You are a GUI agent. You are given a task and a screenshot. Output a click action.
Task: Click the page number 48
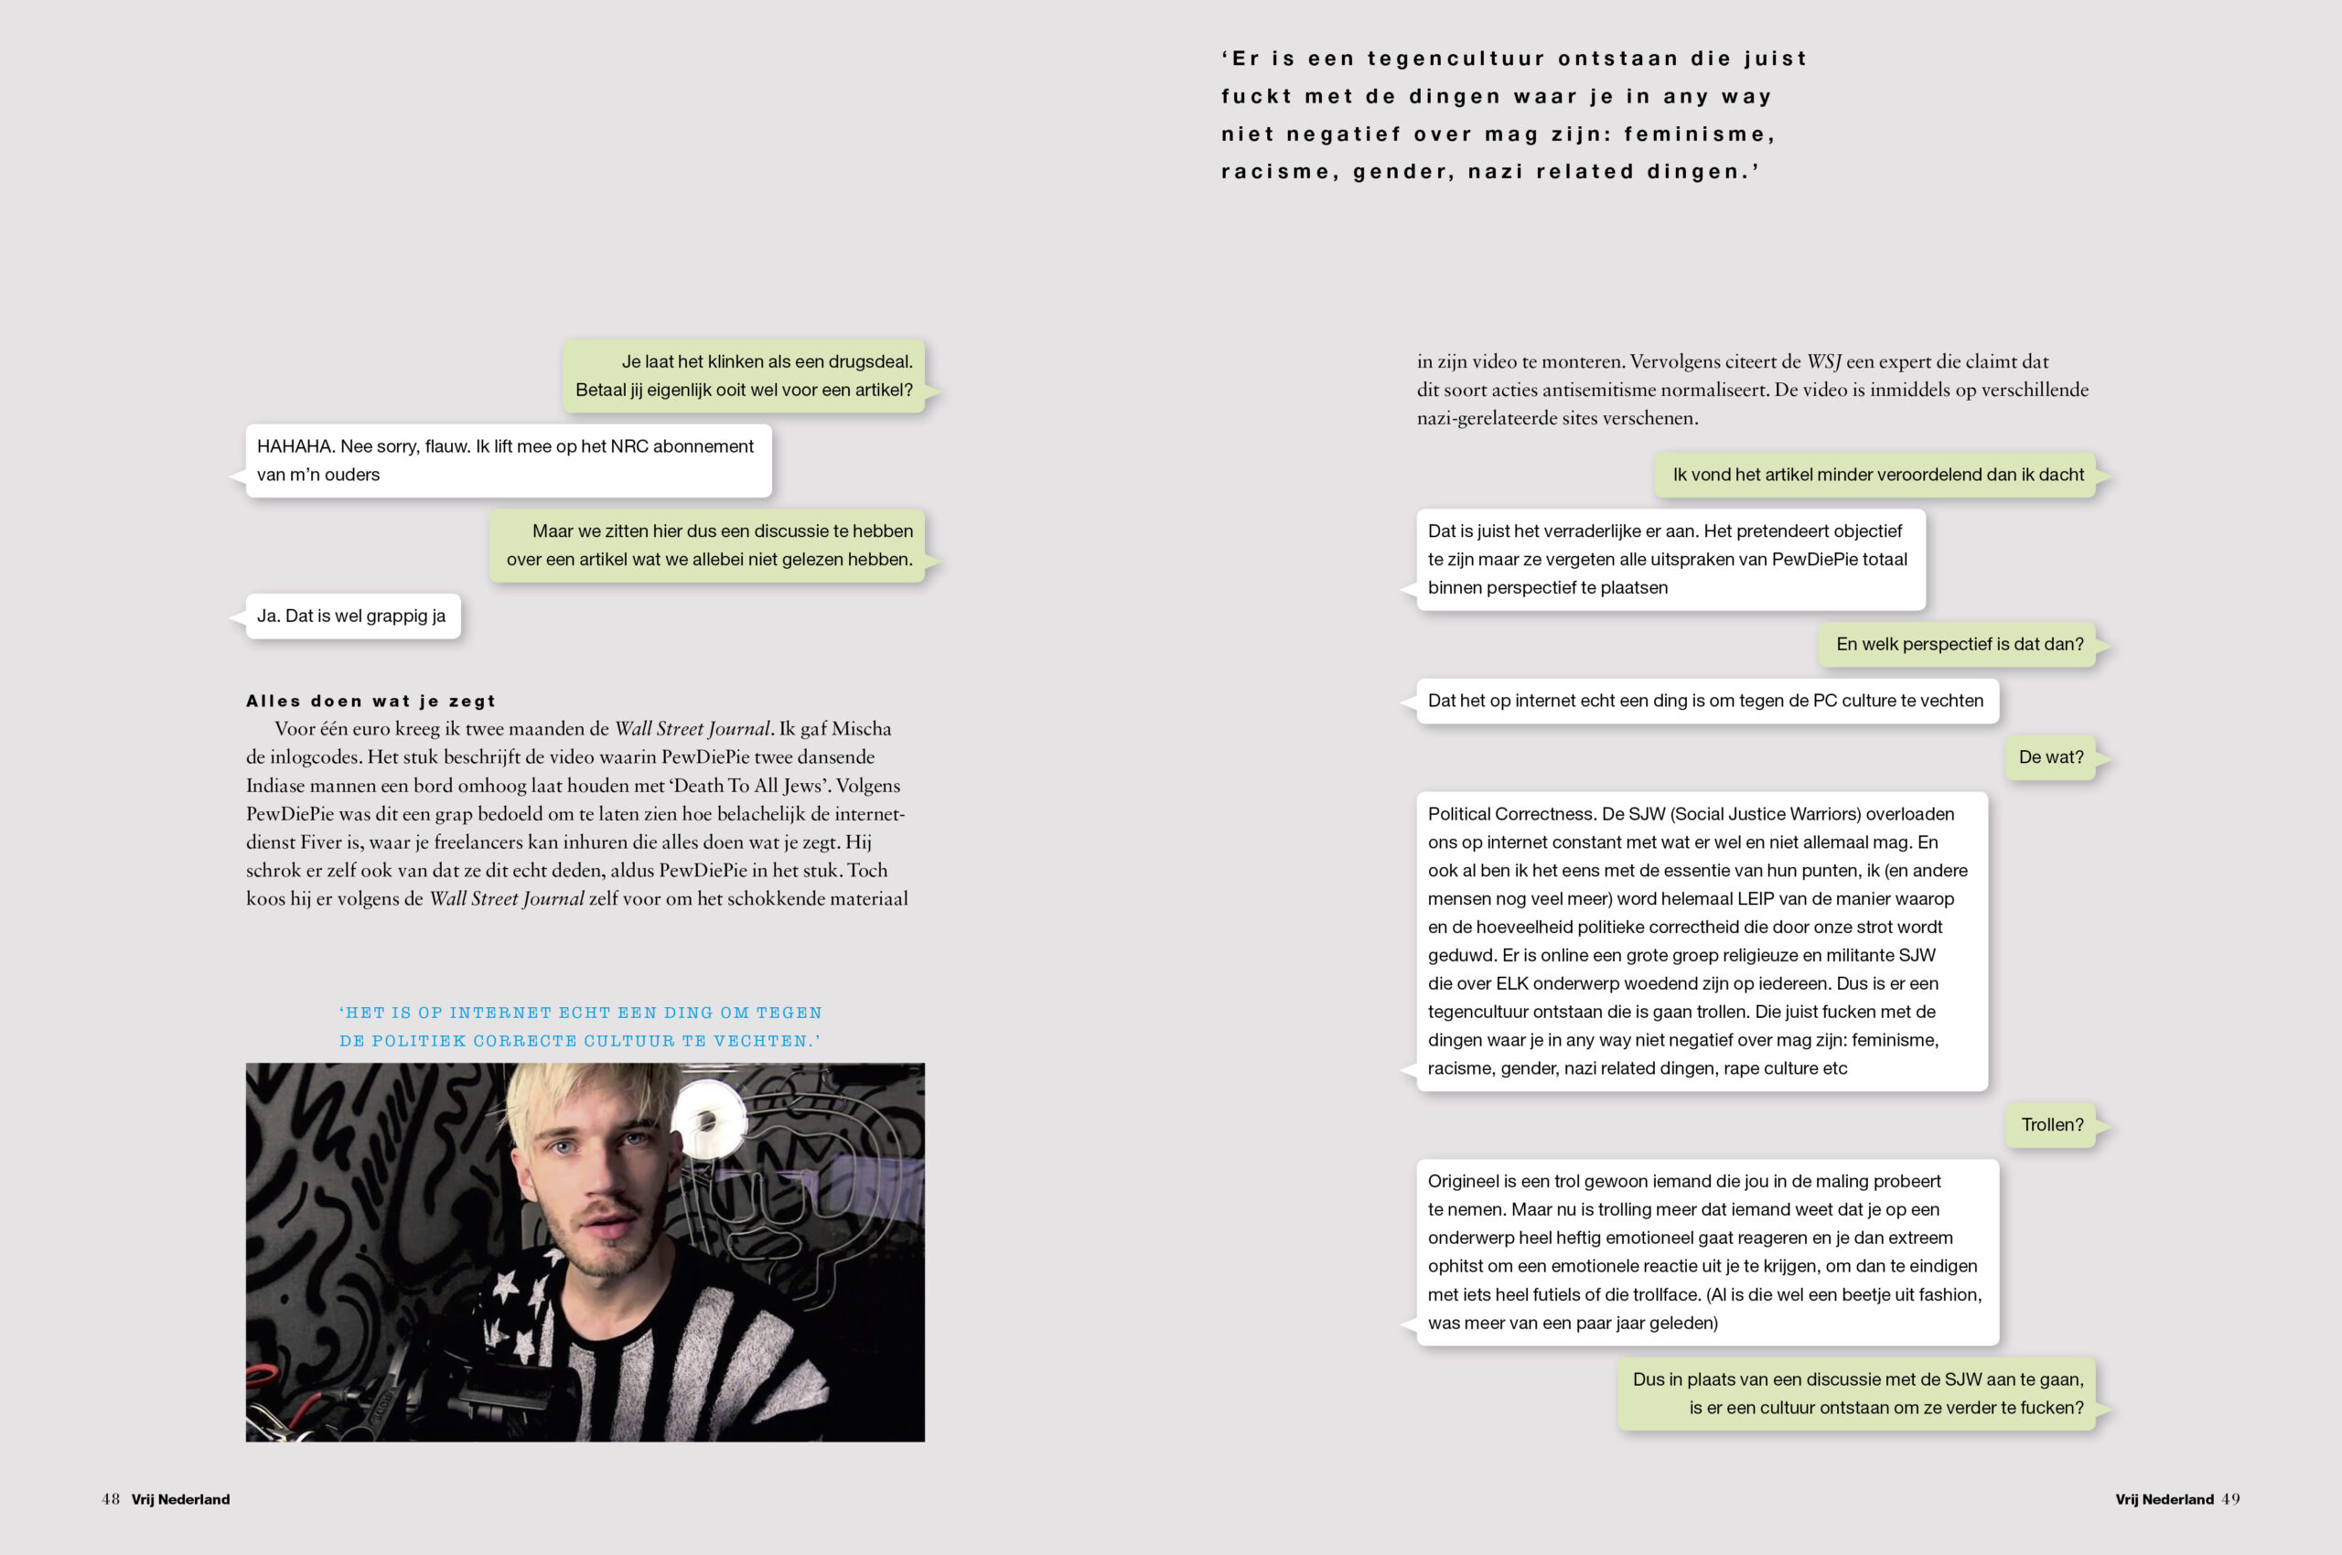[x=110, y=1498]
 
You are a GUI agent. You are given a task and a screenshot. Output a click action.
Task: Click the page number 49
[x=2229, y=1498]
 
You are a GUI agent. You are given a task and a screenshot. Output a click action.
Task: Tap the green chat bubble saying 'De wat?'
[x=2050, y=756]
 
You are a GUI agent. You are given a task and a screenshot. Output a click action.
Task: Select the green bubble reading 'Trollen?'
[x=2051, y=1124]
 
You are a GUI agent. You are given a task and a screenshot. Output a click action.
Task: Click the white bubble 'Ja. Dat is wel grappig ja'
[x=352, y=616]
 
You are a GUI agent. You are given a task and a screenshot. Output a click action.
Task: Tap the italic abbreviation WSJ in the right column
[x=1823, y=362]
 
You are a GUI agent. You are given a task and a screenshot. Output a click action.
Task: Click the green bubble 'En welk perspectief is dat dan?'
[x=1958, y=645]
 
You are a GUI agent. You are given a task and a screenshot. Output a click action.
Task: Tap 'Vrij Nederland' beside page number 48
[x=180, y=1499]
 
